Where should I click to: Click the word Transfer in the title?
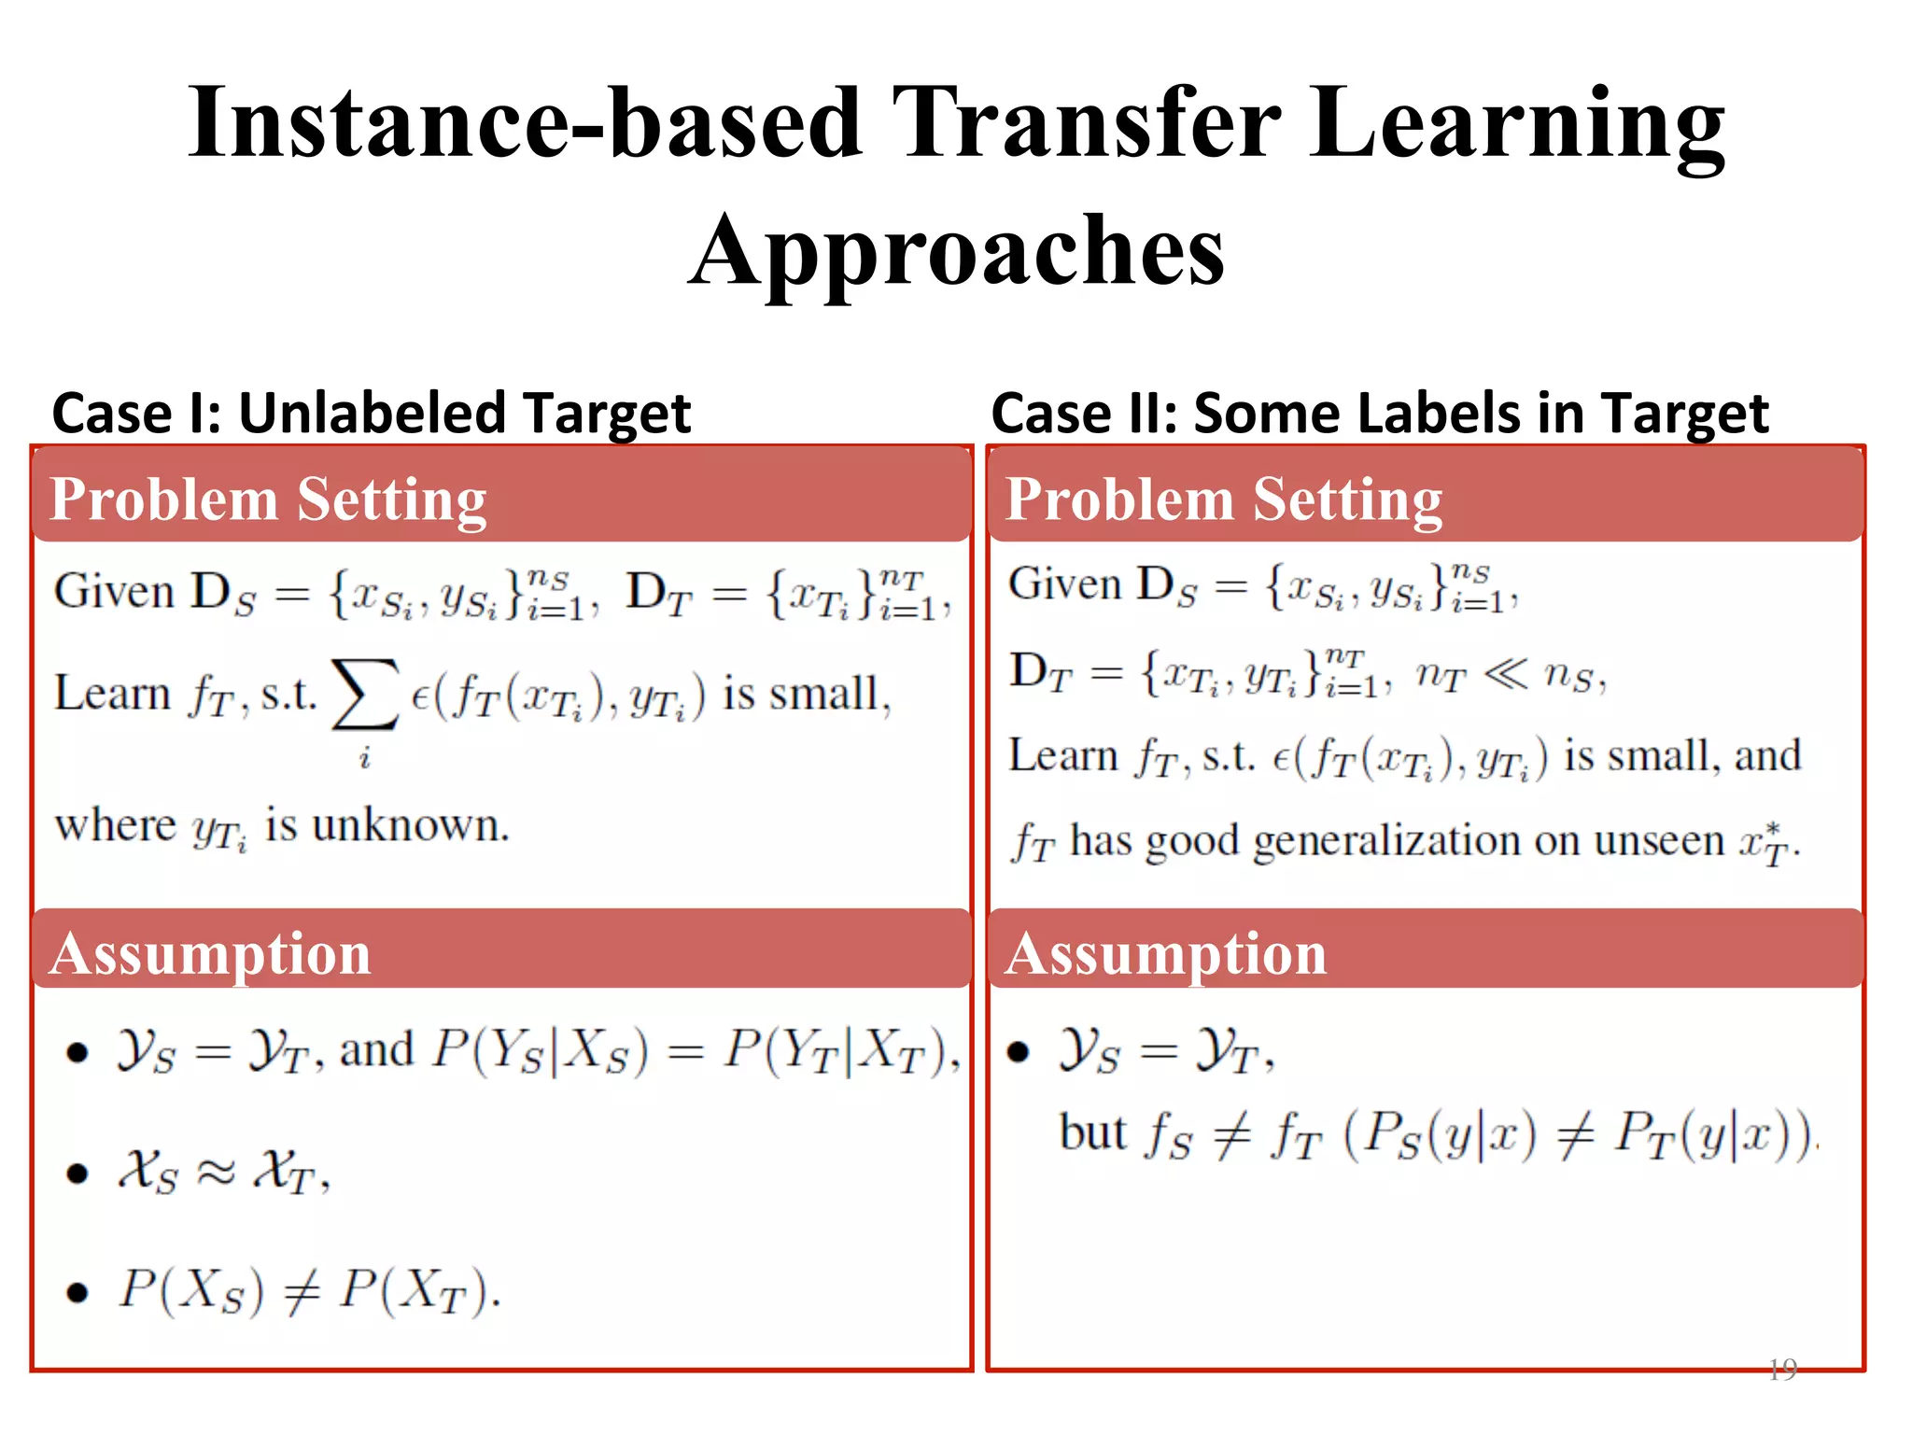click(1087, 123)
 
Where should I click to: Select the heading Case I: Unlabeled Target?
click(372, 413)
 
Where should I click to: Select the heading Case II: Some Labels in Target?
click(1379, 413)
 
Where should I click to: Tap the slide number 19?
click(1781, 1369)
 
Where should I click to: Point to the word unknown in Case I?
click(410, 825)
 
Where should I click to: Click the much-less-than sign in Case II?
click(1504, 673)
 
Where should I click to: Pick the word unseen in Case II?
click(1658, 841)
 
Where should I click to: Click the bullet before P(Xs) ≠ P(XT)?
click(77, 1292)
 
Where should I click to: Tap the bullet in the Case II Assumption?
click(1018, 1052)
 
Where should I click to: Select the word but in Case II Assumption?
click(1092, 1133)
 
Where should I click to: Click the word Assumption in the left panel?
click(211, 954)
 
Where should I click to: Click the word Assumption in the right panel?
click(1166, 954)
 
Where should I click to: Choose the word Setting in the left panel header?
click(392, 499)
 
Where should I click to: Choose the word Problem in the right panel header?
click(1118, 499)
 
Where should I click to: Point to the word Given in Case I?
click(114, 592)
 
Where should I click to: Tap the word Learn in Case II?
click(1062, 756)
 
